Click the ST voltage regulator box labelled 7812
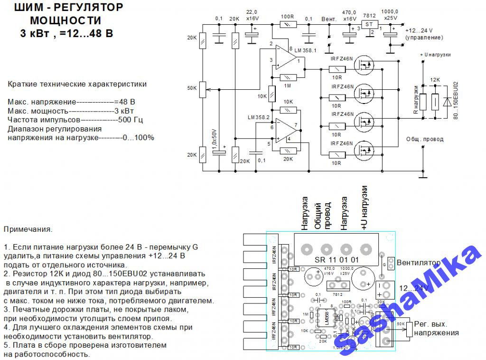tap(368, 24)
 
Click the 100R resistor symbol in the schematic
tap(288, 24)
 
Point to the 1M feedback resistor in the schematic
tap(288, 77)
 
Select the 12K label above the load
tap(435, 80)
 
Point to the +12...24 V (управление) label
tap(424, 34)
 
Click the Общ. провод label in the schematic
tap(425, 139)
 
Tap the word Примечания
tap(28, 229)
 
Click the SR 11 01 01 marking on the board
tap(337, 260)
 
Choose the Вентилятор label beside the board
tap(418, 263)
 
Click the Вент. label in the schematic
tap(329, 19)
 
